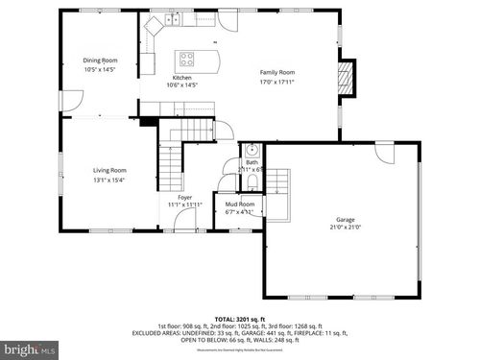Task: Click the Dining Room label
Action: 100,60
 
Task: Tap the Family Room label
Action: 278,73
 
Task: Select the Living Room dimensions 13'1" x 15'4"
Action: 109,180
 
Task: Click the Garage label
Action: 345,220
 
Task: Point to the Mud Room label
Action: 240,204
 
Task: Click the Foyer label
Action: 184,197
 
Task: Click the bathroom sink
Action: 250,150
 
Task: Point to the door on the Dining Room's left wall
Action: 69,98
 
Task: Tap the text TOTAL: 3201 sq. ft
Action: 239,317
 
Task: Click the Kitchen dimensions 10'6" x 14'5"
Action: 182,85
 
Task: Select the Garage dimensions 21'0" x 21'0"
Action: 345,228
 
